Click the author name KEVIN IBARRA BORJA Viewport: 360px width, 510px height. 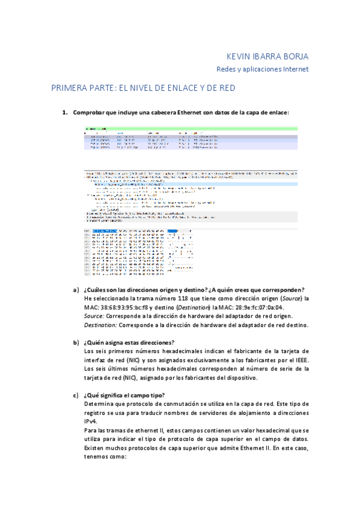pos(265,57)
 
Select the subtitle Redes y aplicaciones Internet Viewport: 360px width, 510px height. pos(263,69)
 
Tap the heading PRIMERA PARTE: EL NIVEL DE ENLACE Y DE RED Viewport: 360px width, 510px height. pos(142,88)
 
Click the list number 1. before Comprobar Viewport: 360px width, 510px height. pos(66,112)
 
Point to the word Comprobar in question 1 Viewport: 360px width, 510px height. pos(90,112)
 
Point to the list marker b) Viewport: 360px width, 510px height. pos(76,343)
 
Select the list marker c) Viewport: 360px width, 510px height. pos(76,395)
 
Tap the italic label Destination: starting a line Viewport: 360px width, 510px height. pos(101,325)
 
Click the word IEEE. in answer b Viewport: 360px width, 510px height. pos(300,360)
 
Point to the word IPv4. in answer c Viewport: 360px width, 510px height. pos(91,422)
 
